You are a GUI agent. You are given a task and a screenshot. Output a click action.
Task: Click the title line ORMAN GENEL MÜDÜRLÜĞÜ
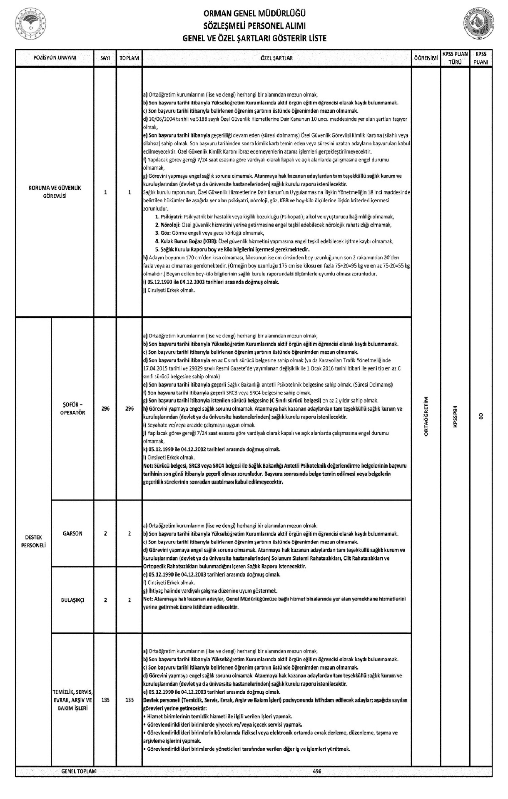click(254, 16)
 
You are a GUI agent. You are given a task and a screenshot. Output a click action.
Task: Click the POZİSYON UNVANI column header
click(55, 58)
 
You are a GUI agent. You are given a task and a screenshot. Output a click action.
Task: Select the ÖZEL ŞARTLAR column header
click(276, 58)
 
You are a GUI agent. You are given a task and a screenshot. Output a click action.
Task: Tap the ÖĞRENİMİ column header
click(426, 58)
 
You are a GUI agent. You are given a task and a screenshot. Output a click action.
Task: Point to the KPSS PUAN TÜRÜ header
click(455, 58)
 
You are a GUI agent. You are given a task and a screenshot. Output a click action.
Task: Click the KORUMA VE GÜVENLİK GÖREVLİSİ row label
click(55, 192)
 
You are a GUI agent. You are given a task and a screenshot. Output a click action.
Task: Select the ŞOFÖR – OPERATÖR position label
click(72, 409)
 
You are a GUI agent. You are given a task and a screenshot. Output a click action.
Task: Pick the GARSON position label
click(72, 533)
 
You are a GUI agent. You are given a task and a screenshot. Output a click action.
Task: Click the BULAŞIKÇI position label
click(72, 600)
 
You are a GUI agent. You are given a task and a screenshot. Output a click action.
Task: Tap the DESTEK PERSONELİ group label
click(33, 541)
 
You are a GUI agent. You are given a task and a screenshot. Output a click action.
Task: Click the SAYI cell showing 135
click(105, 700)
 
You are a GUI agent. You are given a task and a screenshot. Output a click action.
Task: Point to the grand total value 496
click(317, 771)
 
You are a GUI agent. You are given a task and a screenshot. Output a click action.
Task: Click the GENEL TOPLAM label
click(79, 771)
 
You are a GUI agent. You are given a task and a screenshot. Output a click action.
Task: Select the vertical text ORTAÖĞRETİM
click(426, 416)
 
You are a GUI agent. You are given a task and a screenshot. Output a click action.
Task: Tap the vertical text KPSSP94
click(455, 416)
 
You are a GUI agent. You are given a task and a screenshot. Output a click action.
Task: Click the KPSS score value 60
click(481, 416)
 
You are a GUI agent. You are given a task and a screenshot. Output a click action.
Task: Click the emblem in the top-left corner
click(30, 24)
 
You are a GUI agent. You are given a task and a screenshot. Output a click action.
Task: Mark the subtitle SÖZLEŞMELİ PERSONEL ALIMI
click(254, 27)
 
